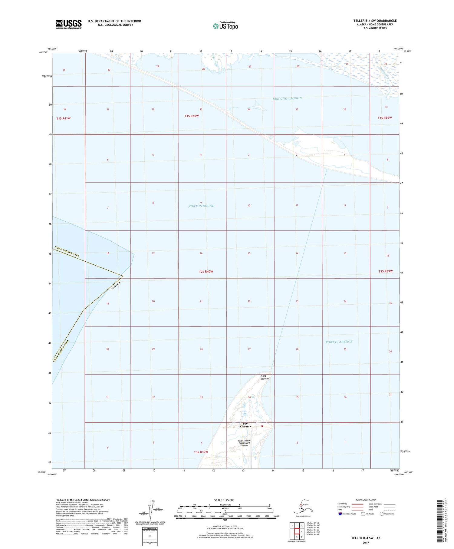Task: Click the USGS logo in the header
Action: pos(69,24)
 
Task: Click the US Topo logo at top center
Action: pos(225,26)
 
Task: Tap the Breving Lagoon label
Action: pos(287,98)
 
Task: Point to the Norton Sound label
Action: pos(201,206)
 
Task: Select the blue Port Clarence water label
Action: pos(339,342)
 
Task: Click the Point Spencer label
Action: pos(265,377)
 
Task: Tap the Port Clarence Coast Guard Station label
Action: pos(244,443)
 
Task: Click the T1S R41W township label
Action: pos(63,118)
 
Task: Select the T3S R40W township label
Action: pos(201,452)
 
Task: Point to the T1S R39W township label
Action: pos(384,118)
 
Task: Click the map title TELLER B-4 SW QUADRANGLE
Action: pos(375,21)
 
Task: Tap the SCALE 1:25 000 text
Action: pos(224,500)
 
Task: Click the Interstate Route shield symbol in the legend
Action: pos(340,514)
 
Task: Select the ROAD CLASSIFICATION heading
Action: pos(366,500)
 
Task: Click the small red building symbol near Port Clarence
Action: pos(262,426)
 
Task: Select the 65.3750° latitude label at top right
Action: pos(408,51)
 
